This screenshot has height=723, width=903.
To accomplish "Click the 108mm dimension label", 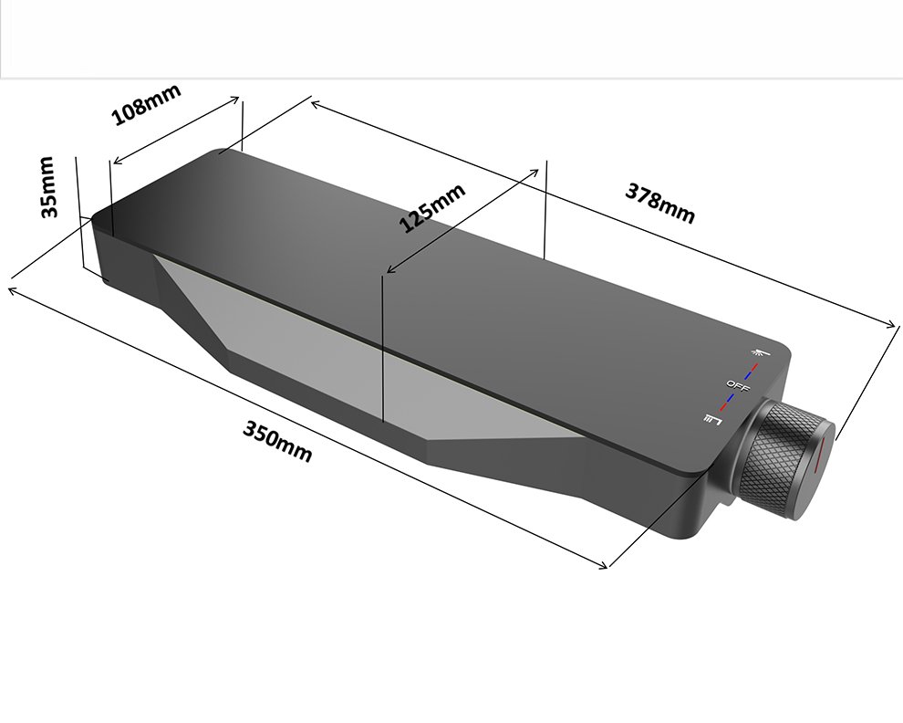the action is point(146,104).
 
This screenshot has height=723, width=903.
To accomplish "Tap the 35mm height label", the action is point(48,187).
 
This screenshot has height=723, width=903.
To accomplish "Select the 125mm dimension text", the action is point(432,208).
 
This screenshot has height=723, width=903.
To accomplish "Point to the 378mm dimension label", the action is point(660,203).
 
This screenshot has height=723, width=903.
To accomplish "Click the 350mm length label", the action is point(277,441).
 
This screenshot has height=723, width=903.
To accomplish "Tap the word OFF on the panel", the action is point(738,387).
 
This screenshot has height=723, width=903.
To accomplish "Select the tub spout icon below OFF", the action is point(713,419).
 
